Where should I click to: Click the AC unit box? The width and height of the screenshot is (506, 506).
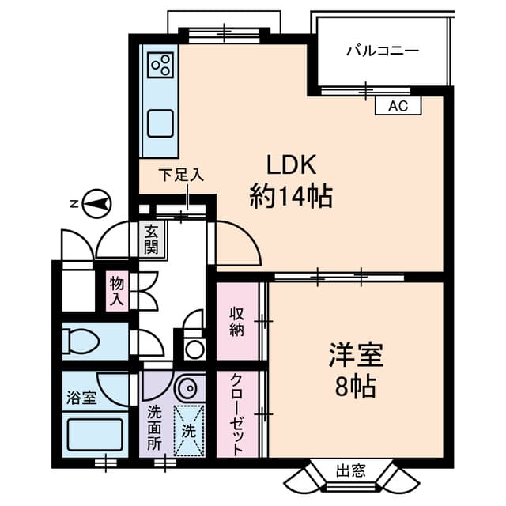pyautogui.click(x=398, y=105)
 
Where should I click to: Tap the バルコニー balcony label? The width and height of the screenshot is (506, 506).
pyautogui.click(x=383, y=51)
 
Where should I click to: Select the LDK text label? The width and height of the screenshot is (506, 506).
pyautogui.click(x=290, y=165)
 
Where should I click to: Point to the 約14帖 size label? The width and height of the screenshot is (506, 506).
pyautogui.click(x=291, y=195)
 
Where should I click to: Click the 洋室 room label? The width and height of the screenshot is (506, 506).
pyautogui.click(x=356, y=355)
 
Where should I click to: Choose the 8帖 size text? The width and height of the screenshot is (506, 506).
pyautogui.click(x=355, y=387)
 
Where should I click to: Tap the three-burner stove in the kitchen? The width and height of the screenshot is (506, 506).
pyautogui.click(x=160, y=65)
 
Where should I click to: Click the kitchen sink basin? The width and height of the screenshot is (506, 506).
pyautogui.click(x=160, y=123)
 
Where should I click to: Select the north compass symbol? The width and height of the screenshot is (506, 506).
pyautogui.click(x=96, y=204)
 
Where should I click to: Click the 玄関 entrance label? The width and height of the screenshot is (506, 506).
pyautogui.click(x=151, y=240)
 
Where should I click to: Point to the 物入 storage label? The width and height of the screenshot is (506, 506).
pyautogui.click(x=116, y=291)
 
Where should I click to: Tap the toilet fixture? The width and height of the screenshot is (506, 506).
pyautogui.click(x=81, y=341)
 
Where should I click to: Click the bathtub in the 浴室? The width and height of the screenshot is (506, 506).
pyautogui.click(x=95, y=435)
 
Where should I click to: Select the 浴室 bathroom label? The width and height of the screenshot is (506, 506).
pyautogui.click(x=81, y=398)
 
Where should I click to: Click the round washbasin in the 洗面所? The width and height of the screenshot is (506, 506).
pyautogui.click(x=187, y=387)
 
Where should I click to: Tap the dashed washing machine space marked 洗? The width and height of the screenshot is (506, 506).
pyautogui.click(x=189, y=430)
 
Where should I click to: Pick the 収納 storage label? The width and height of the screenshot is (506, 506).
pyautogui.click(x=237, y=321)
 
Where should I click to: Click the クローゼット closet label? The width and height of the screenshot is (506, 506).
pyautogui.click(x=237, y=414)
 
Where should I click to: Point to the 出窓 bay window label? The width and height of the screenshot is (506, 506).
pyautogui.click(x=350, y=471)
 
